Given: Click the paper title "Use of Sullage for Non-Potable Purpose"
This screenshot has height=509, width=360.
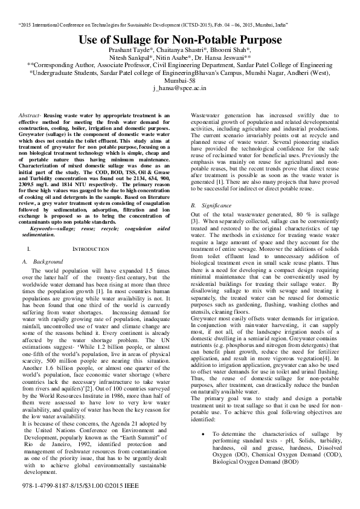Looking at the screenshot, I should (179, 40).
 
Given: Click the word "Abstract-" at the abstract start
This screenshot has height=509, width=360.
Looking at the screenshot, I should (30, 114).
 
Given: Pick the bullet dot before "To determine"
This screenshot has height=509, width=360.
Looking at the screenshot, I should (206, 451).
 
